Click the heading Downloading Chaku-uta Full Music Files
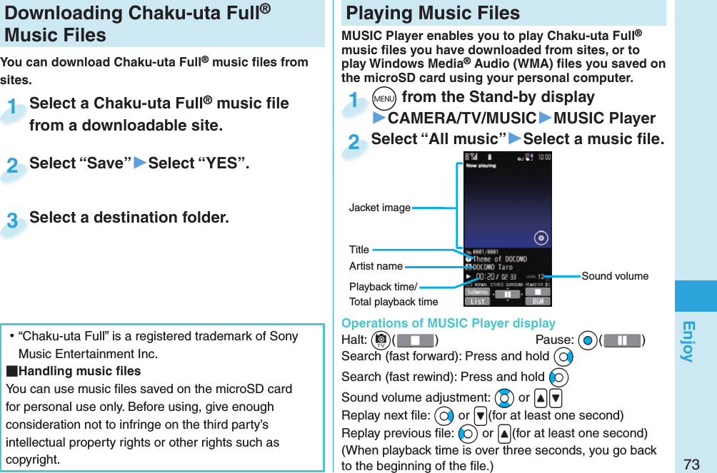[129, 24]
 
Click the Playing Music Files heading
[433, 13]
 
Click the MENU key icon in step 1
[384, 97]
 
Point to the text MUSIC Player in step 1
[604, 118]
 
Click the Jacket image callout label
[379, 208]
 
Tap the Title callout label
[359, 250]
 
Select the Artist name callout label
[376, 266]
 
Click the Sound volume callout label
[615, 276]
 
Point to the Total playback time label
[393, 302]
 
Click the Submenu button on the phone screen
[477, 292]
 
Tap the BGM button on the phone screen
[538, 302]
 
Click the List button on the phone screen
[477, 302]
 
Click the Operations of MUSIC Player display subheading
[448, 323]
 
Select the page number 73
[691, 464]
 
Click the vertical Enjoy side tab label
[688, 341]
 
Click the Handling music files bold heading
[74, 371]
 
